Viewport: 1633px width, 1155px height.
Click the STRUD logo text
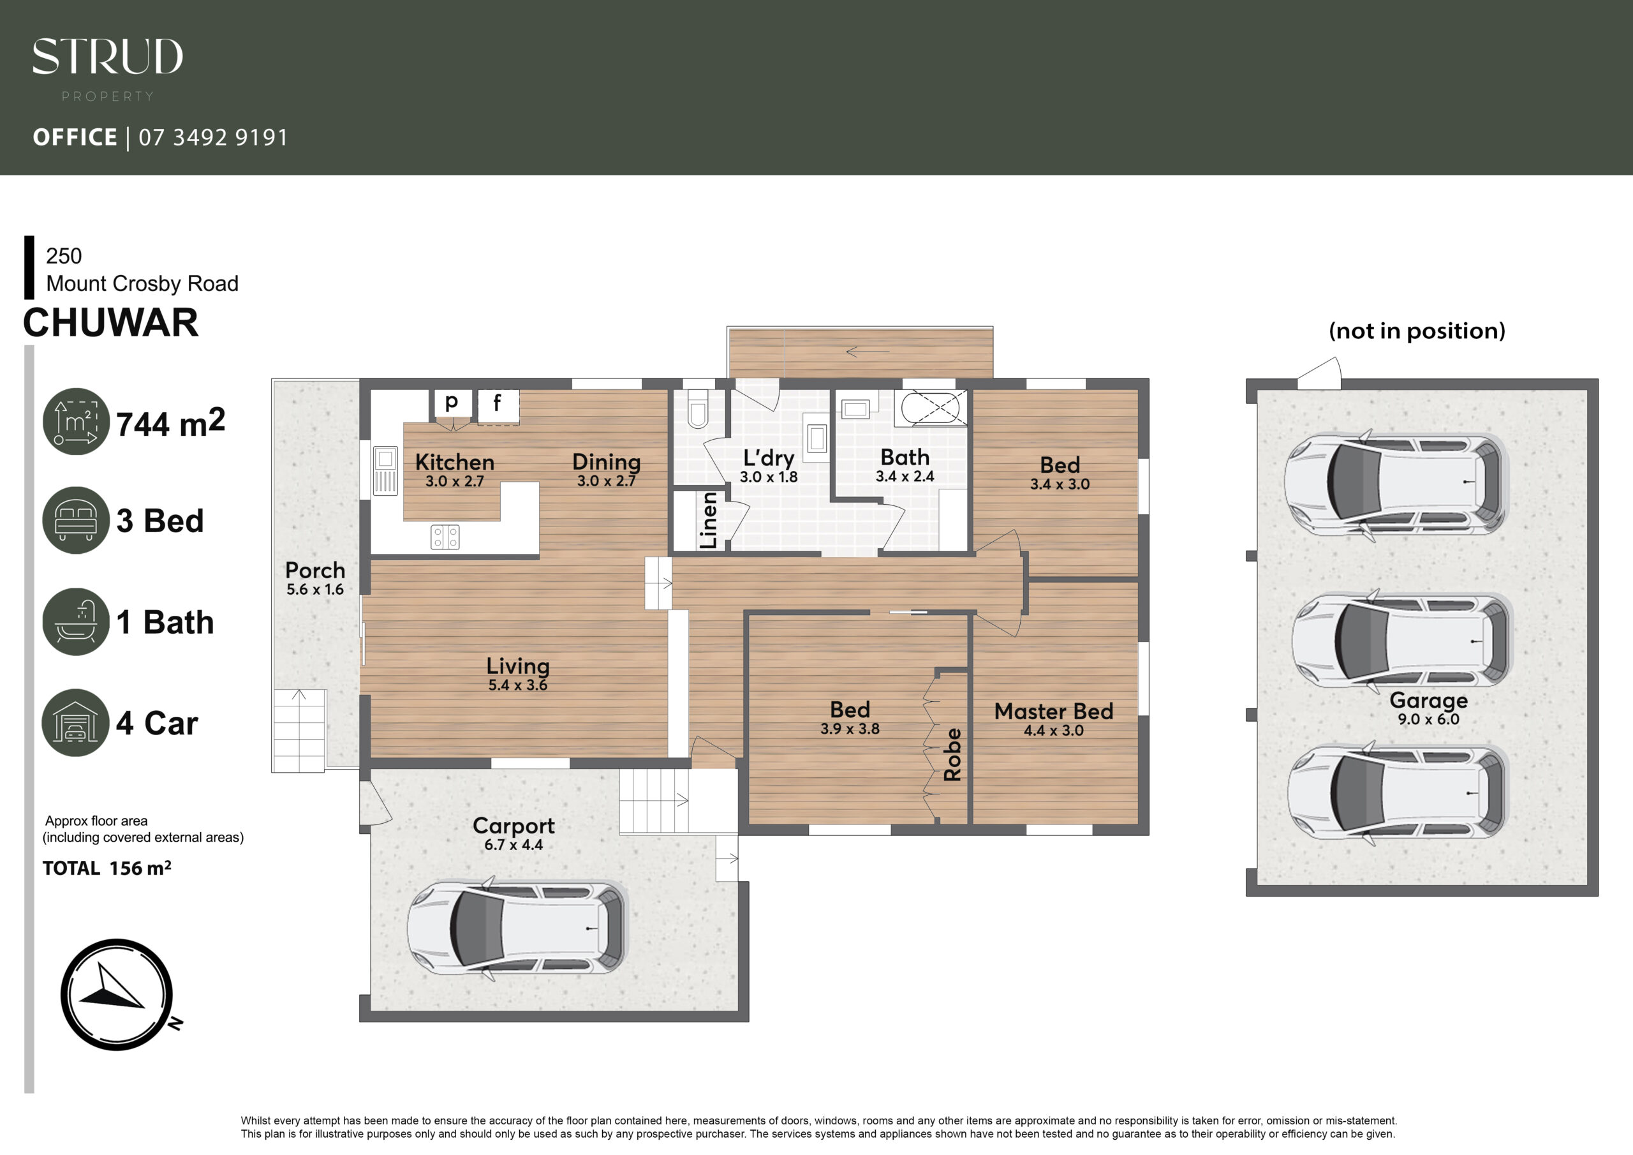click(107, 57)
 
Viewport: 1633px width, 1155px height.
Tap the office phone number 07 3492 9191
click(213, 137)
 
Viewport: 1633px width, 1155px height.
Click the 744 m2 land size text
click(171, 422)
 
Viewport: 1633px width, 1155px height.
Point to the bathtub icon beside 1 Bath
click(76, 622)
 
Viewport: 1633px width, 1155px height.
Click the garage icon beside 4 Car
click(75, 722)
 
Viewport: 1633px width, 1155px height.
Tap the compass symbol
click(117, 994)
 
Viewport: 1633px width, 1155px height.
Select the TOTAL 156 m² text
click(107, 868)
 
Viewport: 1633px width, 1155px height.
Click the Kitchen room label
click(454, 462)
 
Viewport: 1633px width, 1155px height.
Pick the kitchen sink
click(385, 470)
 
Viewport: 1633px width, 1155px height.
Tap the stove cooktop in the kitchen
click(445, 537)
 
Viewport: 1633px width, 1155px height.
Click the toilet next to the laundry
click(698, 408)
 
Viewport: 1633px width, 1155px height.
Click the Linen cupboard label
click(709, 520)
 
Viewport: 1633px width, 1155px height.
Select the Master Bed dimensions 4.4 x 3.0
click(1053, 730)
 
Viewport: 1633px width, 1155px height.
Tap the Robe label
click(952, 754)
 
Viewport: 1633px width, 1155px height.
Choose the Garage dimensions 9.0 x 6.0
click(1428, 719)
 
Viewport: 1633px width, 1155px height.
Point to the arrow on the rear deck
click(868, 352)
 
